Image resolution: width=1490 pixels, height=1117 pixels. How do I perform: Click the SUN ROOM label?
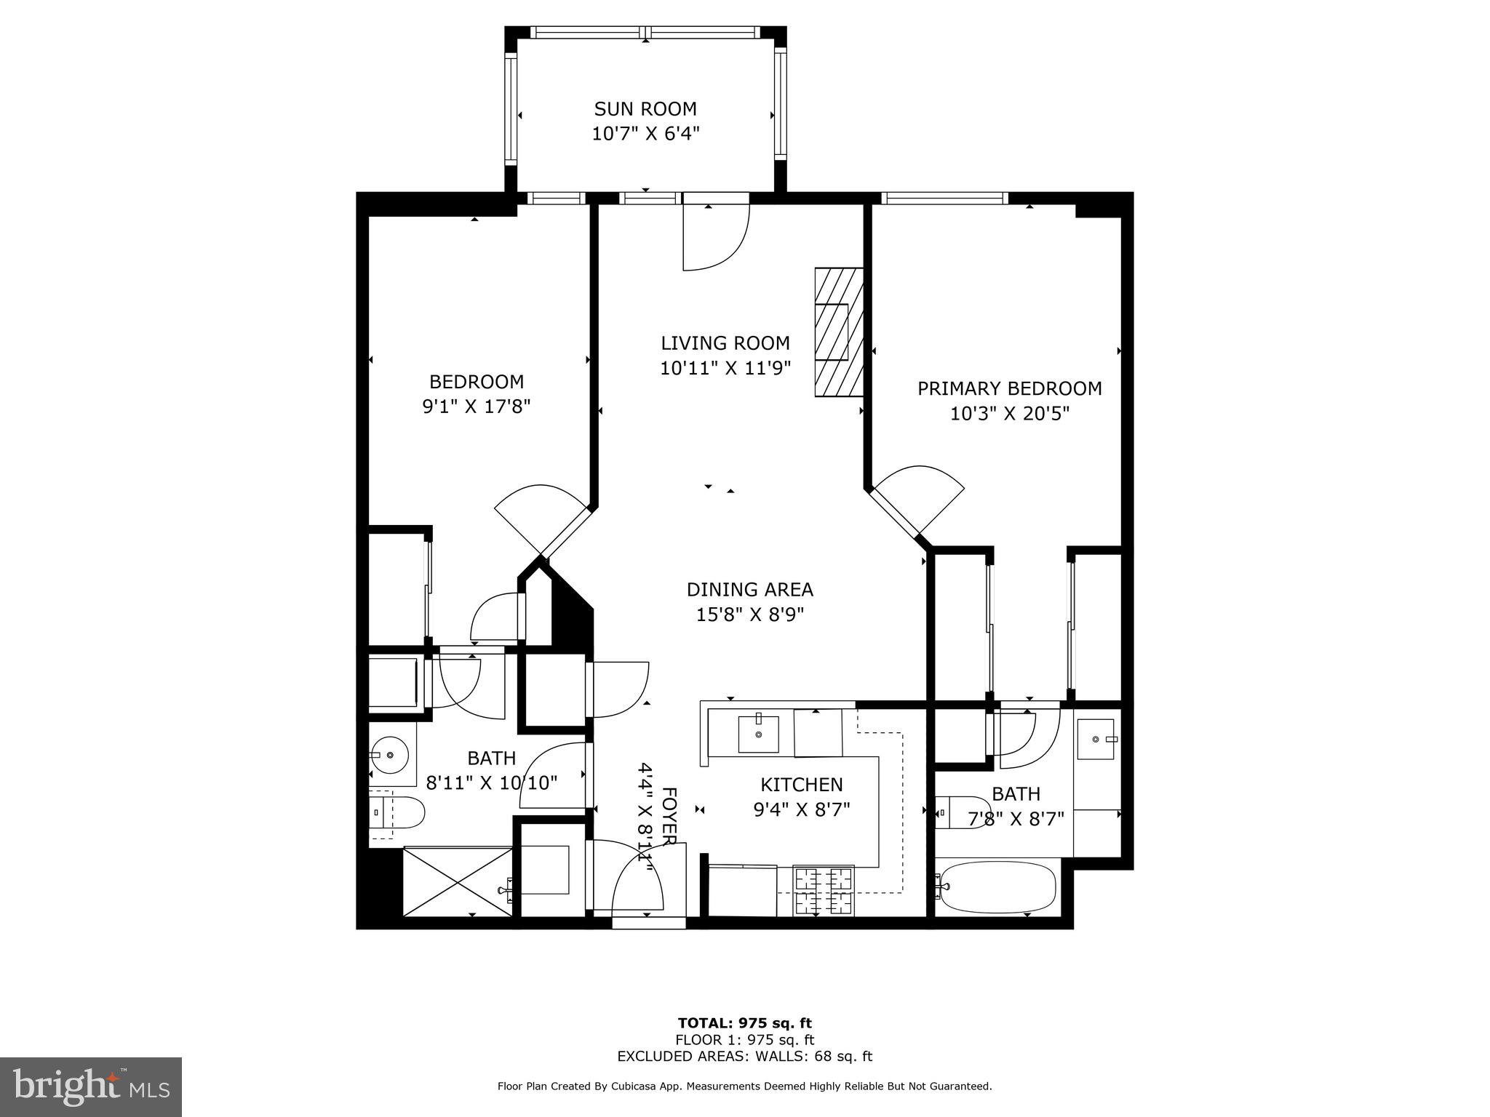645,109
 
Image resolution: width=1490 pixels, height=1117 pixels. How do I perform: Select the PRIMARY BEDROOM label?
1009,388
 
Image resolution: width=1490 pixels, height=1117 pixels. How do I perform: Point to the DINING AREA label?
749,589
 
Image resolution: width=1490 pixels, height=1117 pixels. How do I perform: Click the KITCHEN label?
801,785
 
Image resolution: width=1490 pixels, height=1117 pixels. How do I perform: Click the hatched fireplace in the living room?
838,332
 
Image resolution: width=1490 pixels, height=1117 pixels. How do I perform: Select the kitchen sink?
758,734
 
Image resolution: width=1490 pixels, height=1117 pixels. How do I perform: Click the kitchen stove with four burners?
823,892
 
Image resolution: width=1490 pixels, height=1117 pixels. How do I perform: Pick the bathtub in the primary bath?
995,886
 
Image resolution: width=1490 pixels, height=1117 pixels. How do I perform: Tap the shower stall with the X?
458,881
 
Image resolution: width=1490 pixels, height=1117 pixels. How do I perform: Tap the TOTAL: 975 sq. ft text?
744,1022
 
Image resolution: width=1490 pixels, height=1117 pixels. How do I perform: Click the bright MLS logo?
91,1086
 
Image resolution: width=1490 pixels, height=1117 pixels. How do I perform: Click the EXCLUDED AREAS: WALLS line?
744,1056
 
